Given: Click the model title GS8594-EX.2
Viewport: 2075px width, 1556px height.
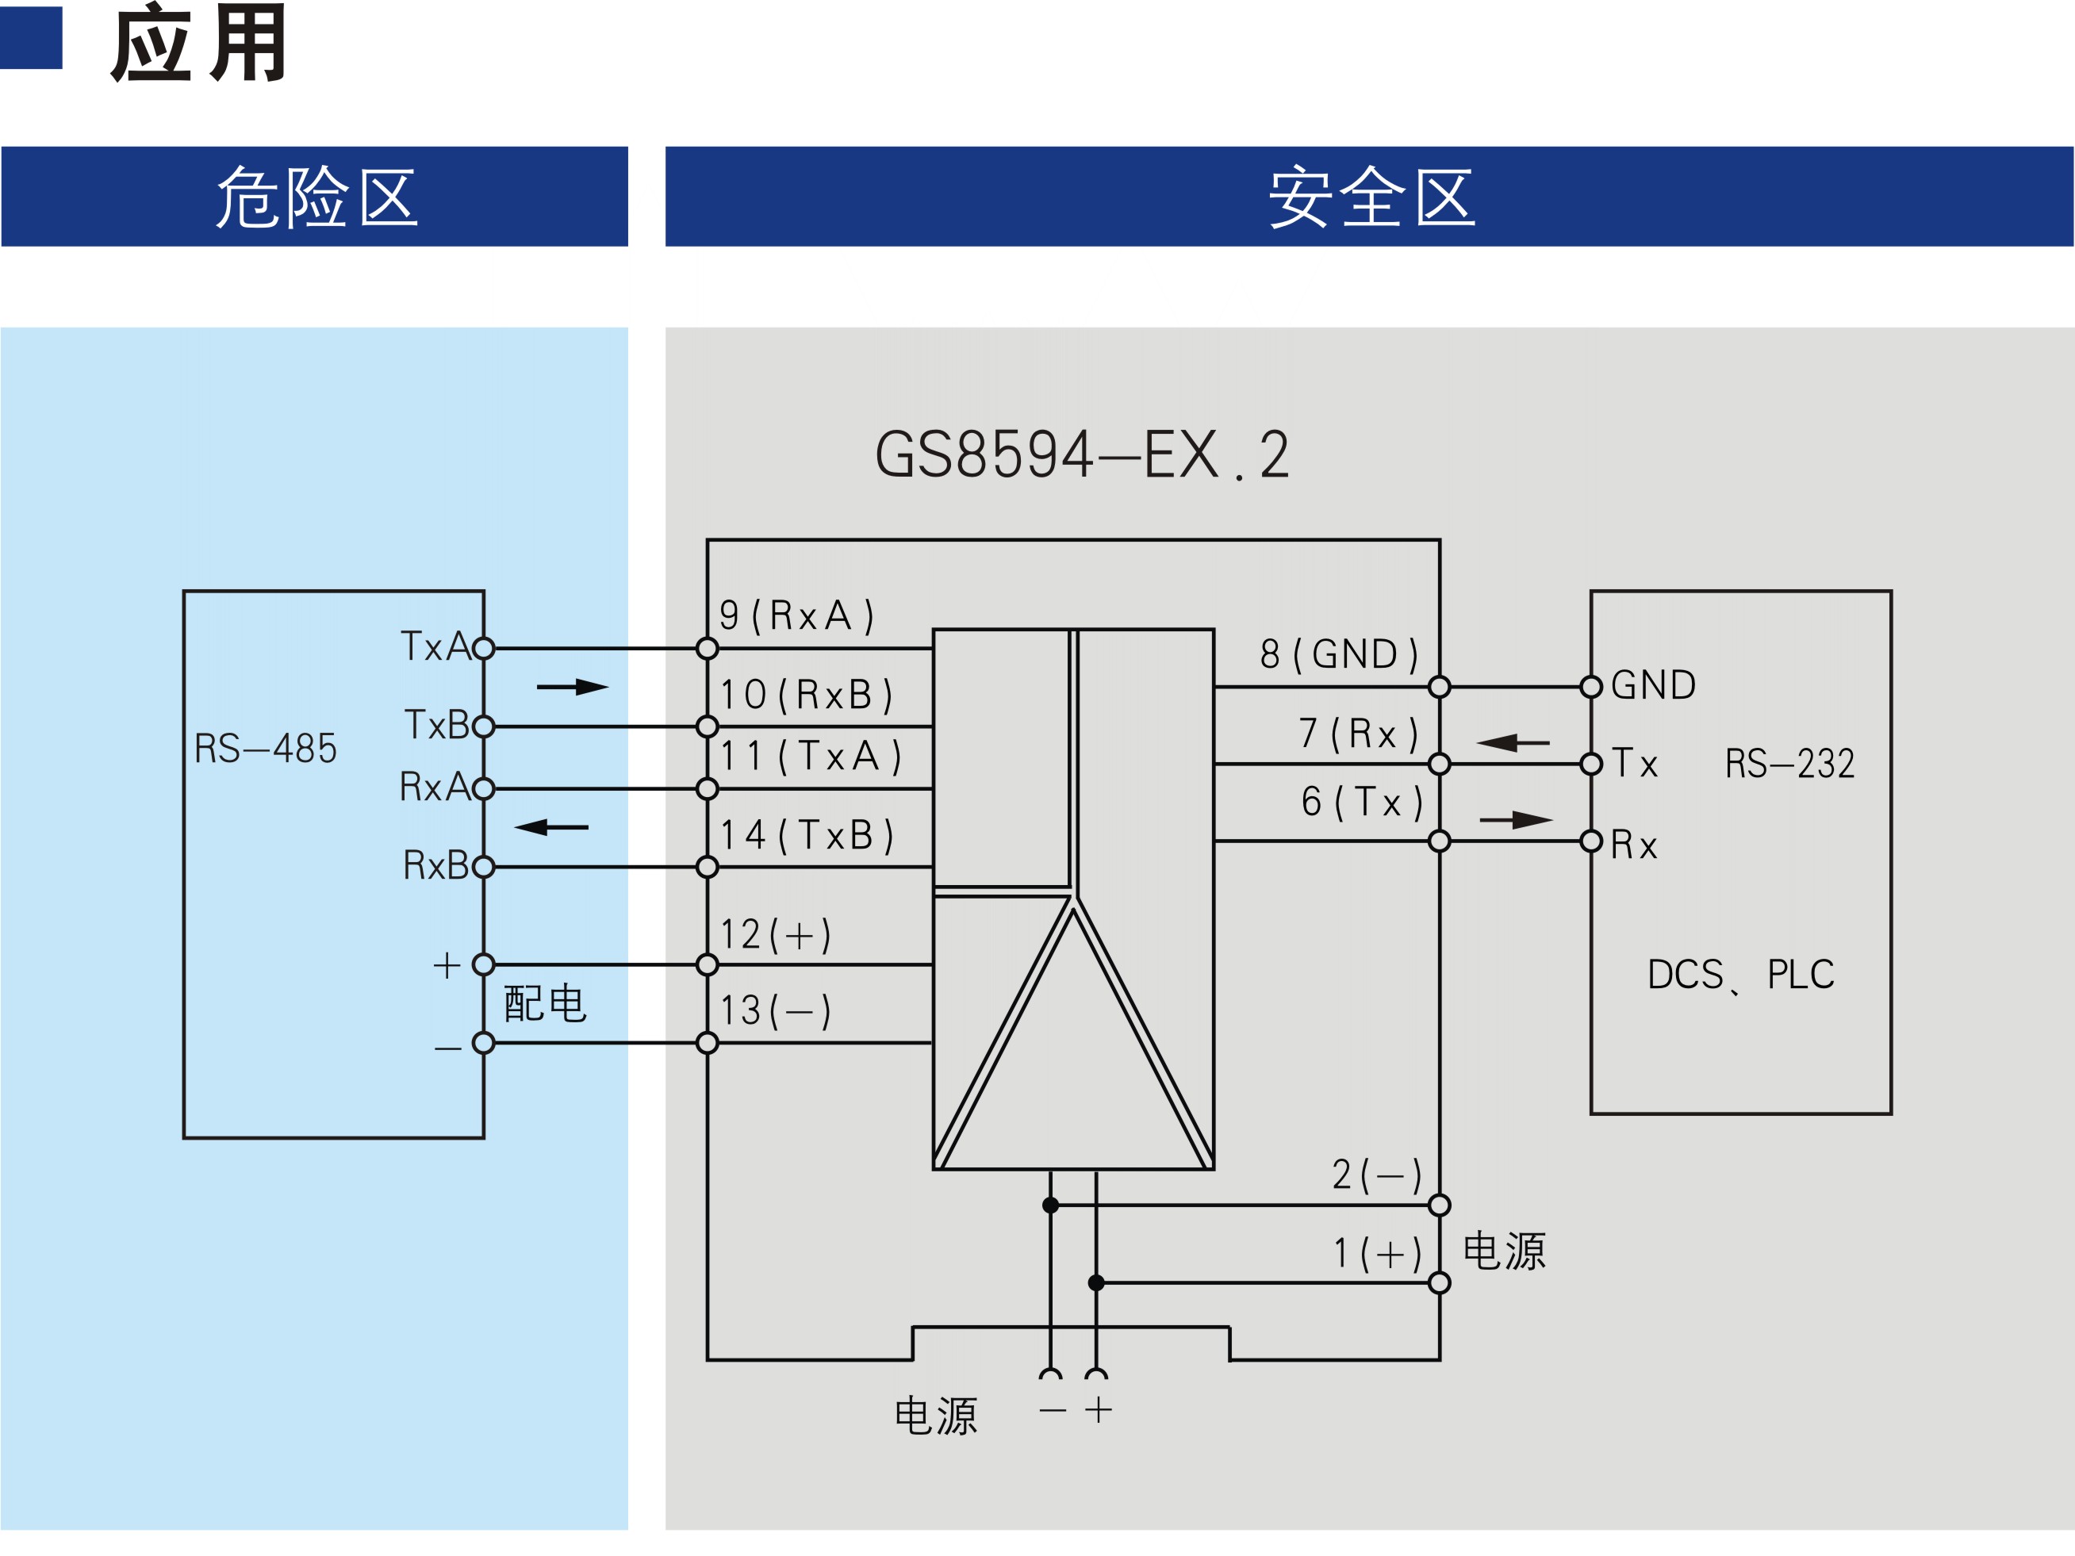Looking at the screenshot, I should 1082,455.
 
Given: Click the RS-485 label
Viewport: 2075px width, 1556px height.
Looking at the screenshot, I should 266,749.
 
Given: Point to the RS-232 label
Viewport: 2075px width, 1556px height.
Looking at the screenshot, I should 1789,764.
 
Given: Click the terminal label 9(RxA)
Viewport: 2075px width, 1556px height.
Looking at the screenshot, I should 796,615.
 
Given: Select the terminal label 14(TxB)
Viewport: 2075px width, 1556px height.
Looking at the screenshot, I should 807,835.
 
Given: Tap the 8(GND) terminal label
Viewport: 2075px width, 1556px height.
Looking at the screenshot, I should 1339,653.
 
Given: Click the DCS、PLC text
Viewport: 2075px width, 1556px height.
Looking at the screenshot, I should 1740,975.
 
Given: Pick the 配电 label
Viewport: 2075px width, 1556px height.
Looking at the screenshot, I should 545,1003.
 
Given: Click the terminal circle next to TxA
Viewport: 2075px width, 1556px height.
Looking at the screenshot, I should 483,648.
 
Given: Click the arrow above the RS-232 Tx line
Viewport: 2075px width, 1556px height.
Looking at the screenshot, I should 1512,743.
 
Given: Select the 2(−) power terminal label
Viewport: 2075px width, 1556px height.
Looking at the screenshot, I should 1376,1175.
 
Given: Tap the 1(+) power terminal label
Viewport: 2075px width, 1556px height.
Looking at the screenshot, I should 1377,1253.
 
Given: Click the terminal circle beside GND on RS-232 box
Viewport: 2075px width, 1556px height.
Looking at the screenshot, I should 1591,687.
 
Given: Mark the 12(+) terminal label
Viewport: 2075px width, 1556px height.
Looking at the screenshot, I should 775,935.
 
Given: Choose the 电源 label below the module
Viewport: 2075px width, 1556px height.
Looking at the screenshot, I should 935,1416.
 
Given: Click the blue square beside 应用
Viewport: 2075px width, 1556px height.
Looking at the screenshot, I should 30,37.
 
